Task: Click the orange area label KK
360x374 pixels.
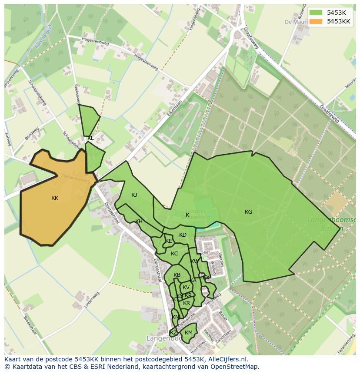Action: pos(55,198)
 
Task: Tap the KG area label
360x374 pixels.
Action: pos(248,212)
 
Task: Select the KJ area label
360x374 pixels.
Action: pos(134,195)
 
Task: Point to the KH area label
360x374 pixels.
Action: pos(139,222)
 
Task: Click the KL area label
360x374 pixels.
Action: pos(90,138)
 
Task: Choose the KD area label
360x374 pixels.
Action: pos(183,235)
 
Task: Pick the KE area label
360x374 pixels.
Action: pos(169,241)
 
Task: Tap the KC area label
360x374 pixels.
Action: pos(174,254)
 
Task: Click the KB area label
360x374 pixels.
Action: pos(177,275)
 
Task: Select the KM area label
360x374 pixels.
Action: pos(188,333)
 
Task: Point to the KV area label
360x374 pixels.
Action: pos(186,288)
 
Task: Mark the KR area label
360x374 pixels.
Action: pos(187,303)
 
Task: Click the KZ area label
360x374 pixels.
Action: pos(173,333)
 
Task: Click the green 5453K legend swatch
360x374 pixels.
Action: pos(316,13)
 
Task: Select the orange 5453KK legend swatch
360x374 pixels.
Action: pos(316,21)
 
